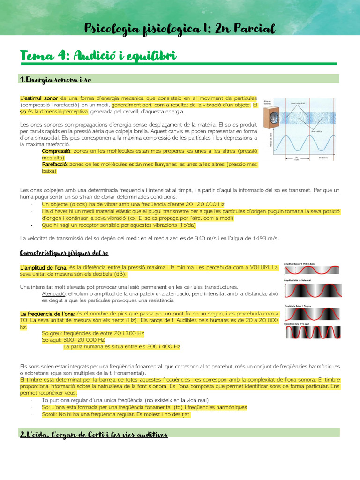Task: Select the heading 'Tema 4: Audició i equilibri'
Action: pos(98,57)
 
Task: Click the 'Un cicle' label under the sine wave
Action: pos(296,159)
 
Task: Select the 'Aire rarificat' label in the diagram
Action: pos(317,132)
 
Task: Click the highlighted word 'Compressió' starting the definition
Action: pos(56,151)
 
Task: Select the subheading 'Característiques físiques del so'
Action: pos(64,253)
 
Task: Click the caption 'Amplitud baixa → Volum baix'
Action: pos(301,263)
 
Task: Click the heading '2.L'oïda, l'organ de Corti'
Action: pos(94,435)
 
